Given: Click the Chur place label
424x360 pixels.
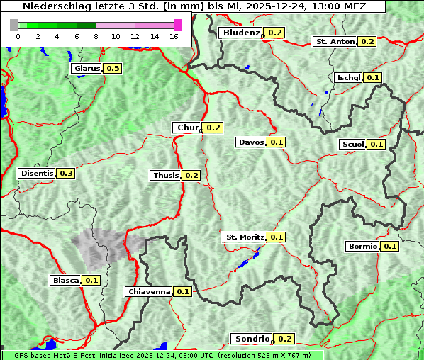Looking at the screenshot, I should click(187, 128).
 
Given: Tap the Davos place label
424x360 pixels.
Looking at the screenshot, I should click(251, 142).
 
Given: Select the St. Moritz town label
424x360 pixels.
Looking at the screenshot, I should click(244, 237).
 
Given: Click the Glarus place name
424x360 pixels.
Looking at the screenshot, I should click(87, 68).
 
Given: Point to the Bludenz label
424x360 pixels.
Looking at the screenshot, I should click(240, 33).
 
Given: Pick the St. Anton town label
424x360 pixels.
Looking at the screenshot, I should click(335, 41).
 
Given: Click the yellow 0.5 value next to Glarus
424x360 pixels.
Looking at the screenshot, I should click(113, 68).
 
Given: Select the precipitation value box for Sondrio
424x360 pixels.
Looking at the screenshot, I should click(284, 339).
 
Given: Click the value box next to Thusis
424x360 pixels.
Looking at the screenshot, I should click(191, 175).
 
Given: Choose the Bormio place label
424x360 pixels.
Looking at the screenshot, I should click(363, 247).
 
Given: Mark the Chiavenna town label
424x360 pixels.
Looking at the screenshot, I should click(149, 291).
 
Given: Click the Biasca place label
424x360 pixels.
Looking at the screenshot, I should click(65, 280).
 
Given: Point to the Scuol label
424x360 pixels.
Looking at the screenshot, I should click(352, 144).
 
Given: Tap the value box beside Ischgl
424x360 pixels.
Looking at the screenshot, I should click(374, 77).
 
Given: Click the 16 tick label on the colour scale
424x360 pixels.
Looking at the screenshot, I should click(174, 36).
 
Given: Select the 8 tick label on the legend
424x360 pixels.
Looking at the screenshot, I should click(96, 36).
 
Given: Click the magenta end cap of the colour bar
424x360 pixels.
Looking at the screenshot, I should click(177, 25).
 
